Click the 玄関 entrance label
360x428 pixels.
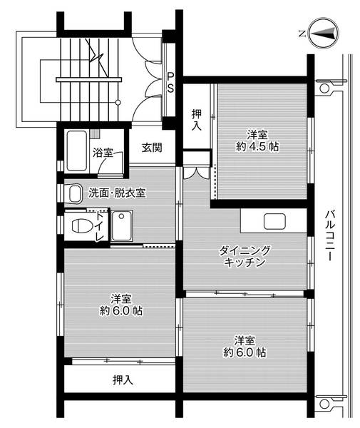(151, 148)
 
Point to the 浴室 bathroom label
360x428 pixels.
(103, 152)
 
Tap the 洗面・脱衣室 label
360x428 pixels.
(117, 193)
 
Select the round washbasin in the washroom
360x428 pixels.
(73, 193)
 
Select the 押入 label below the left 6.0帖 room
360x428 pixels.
(123, 379)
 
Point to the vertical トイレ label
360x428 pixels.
(98, 228)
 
